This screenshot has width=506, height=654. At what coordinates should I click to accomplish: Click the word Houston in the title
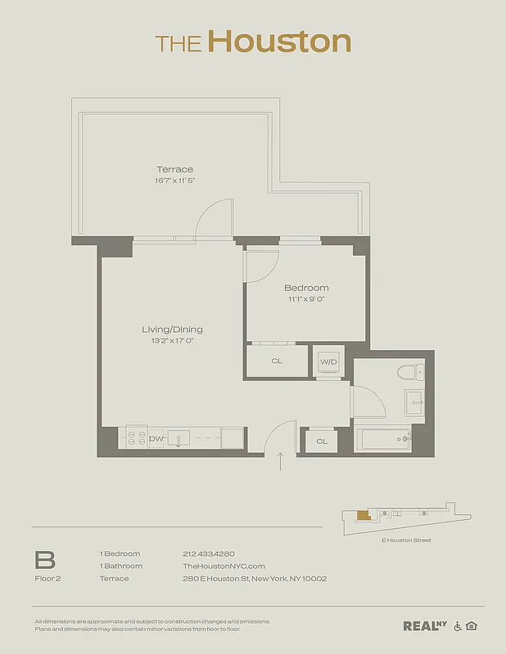tap(279, 41)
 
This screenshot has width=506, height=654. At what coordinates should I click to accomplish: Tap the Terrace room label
tap(175, 169)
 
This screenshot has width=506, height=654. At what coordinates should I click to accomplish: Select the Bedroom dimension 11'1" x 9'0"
tap(306, 299)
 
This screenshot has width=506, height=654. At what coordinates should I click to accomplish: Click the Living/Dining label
tap(172, 329)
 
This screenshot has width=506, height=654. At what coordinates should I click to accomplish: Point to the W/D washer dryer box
tap(328, 361)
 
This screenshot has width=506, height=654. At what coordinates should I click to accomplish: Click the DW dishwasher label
tap(156, 439)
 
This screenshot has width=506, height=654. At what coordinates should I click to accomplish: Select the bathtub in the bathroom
tap(382, 440)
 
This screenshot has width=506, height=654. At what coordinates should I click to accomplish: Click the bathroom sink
tap(413, 401)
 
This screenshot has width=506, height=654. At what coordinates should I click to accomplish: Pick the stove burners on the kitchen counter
tap(133, 438)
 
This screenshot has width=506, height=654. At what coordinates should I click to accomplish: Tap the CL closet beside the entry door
tap(322, 441)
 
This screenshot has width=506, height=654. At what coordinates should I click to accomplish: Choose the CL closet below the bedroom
tap(277, 361)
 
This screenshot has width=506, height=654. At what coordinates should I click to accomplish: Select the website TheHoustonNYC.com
tap(224, 566)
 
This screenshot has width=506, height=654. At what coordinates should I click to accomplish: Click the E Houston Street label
tap(407, 540)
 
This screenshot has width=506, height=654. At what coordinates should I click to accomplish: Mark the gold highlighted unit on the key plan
tap(363, 516)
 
